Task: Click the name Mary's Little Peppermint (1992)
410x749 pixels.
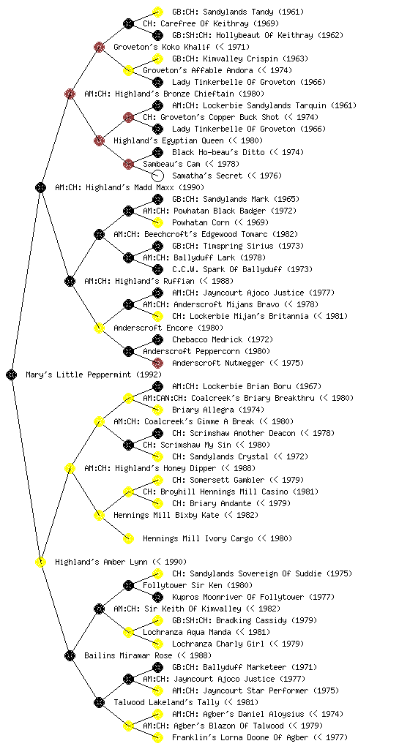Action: pyautogui.click(x=94, y=374)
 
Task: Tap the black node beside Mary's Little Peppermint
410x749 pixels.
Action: pyautogui.click(x=12, y=374)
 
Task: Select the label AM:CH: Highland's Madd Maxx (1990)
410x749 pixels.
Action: pyautogui.click(x=130, y=187)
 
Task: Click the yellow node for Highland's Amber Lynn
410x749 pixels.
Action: pyautogui.click(x=40, y=562)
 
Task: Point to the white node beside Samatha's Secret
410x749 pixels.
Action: pyautogui.click(x=157, y=176)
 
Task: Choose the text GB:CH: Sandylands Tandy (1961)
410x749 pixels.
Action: pyautogui.click(x=238, y=12)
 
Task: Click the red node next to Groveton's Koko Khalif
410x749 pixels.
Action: pyautogui.click(x=99, y=47)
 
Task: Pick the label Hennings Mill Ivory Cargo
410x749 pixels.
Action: pyautogui.click(x=198, y=538)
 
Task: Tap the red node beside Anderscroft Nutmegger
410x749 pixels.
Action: pyautogui.click(x=157, y=363)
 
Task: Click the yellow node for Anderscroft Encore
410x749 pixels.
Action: pyautogui.click(x=99, y=328)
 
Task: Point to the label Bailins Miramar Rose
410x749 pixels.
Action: pyautogui.click(x=128, y=655)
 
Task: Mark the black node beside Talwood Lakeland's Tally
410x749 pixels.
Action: pyautogui.click(x=99, y=702)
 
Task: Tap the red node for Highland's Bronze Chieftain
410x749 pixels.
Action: pyautogui.click(x=70, y=94)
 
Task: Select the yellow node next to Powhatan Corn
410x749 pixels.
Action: pyautogui.click(x=157, y=222)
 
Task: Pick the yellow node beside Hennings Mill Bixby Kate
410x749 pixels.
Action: pyautogui.click(x=99, y=515)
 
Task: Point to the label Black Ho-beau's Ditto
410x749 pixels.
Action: pyautogui.click(x=218, y=152)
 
